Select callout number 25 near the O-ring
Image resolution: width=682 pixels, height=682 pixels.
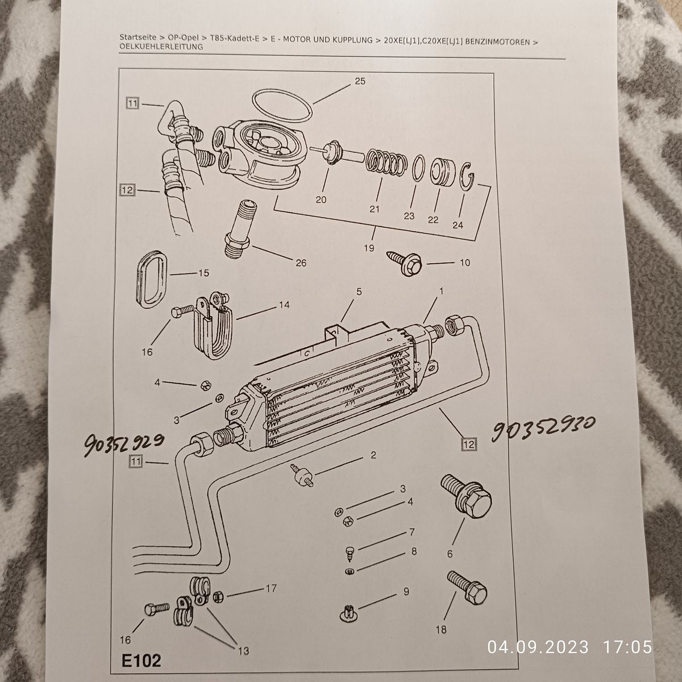[360, 81]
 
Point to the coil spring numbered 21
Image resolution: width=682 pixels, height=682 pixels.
[385, 163]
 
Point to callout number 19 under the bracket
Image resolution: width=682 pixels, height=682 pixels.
[369, 248]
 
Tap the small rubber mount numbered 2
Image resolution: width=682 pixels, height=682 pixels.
[301, 475]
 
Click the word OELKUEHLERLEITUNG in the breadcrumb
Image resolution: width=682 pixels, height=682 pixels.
[161, 47]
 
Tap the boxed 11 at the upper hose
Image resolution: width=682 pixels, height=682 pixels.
[133, 103]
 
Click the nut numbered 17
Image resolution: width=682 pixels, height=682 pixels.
[218, 597]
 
